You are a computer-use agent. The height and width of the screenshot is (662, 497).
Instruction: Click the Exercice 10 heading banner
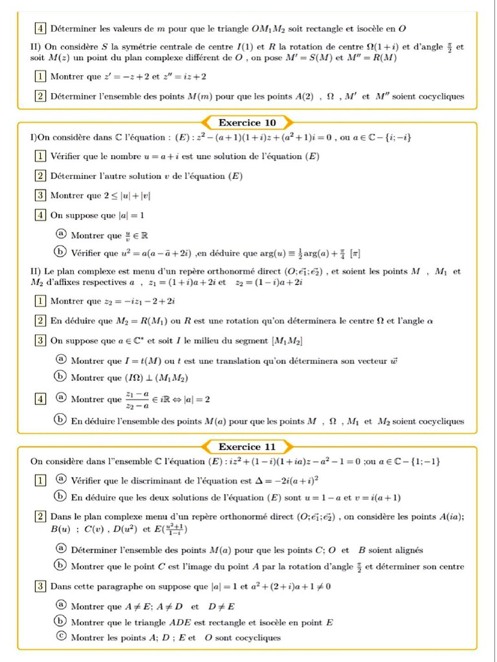[x=248, y=122]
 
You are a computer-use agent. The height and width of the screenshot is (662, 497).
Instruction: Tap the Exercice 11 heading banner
[x=248, y=447]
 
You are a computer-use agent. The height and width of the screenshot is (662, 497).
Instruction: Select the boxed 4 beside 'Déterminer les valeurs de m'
[x=40, y=28]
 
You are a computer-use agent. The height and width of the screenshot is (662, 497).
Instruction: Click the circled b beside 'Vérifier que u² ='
[x=61, y=253]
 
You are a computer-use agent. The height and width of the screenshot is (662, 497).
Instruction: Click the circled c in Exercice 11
[x=61, y=637]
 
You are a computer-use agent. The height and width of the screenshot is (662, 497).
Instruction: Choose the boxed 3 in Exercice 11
[x=40, y=587]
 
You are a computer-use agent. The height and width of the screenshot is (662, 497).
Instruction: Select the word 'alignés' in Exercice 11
[x=406, y=550]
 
